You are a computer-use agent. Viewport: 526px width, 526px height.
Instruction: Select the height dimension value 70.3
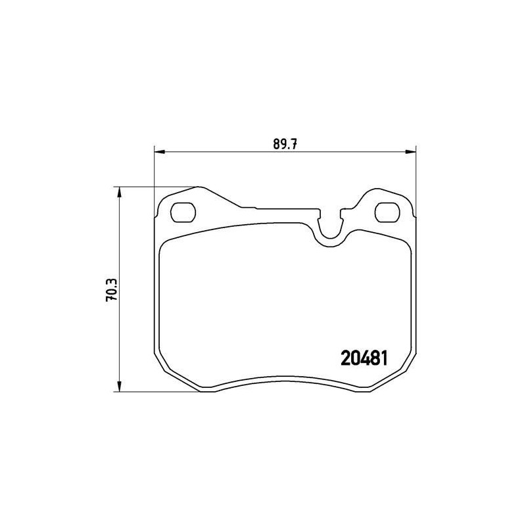(x=112, y=289)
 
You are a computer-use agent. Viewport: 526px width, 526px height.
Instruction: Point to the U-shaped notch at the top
(x=331, y=229)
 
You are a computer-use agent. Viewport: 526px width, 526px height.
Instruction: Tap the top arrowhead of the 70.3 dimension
(x=119, y=191)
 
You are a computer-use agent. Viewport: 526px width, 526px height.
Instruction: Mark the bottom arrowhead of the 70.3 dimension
(x=119, y=388)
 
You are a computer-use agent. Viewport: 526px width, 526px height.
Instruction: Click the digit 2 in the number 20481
(x=346, y=358)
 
